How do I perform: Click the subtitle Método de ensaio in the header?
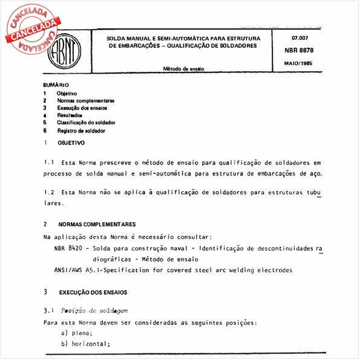[183, 68]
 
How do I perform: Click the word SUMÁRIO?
[56, 86]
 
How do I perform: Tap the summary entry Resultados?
[70, 115]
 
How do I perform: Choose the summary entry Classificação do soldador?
[86, 122]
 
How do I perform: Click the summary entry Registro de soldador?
[81, 130]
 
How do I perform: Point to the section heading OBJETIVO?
[71, 143]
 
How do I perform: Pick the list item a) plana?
[76, 333]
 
